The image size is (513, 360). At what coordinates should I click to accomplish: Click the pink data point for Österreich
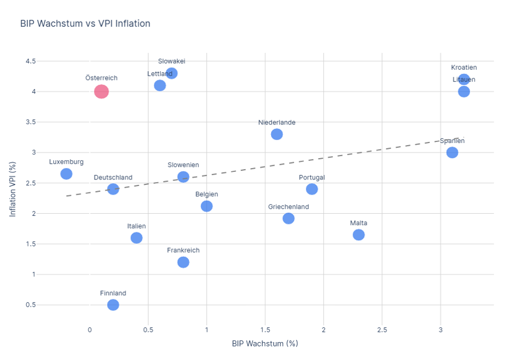pos(101,91)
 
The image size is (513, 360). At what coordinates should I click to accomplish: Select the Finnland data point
pos(113,305)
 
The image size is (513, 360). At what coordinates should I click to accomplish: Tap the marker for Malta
pos(359,234)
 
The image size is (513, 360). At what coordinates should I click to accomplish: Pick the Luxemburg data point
pos(66,173)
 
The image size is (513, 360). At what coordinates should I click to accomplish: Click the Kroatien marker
pos(464,79)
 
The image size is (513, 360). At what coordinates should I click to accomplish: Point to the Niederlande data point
pos(277,134)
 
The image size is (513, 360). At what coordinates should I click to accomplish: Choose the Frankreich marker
pos(183,262)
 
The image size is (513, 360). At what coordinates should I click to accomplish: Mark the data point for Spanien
pos(452,152)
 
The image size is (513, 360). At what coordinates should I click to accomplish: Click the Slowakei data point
pos(172,73)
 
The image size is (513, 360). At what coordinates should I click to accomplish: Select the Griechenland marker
pos(289,218)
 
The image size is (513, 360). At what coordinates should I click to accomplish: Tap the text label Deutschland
pos(113,177)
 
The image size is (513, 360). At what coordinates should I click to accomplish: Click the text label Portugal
pos(312,177)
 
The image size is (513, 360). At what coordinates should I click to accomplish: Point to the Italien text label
pos(136,226)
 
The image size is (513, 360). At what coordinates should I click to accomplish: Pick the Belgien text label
pos(207,194)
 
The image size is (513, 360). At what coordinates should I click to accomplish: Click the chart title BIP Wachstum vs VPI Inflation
pos(85,23)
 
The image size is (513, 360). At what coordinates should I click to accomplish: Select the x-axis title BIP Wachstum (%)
pos(265,344)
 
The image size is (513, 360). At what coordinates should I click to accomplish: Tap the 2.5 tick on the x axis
pos(381,330)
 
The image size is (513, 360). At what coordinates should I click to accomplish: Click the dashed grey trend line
pos(326,158)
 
